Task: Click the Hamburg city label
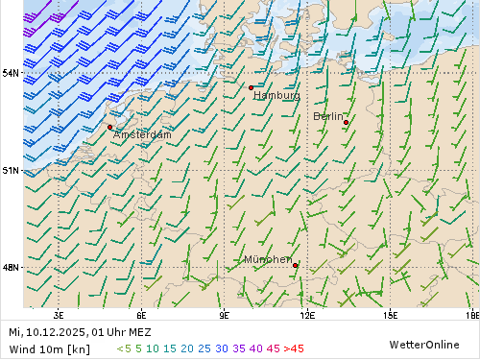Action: (276, 95)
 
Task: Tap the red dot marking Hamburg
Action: (251, 87)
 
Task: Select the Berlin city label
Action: (328, 116)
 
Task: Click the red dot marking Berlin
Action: (346, 122)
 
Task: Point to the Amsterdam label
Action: (142, 135)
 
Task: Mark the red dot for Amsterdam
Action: (110, 127)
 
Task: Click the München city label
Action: (268, 260)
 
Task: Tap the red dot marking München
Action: (296, 265)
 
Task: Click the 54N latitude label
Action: (12, 73)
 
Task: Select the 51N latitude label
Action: (12, 170)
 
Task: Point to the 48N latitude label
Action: (12, 267)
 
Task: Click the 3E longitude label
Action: (59, 314)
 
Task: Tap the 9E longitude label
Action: (225, 314)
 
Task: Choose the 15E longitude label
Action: (390, 314)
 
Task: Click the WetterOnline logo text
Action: (424, 344)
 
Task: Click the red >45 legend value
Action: (294, 348)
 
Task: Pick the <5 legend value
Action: (124, 348)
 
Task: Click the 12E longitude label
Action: (307, 314)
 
